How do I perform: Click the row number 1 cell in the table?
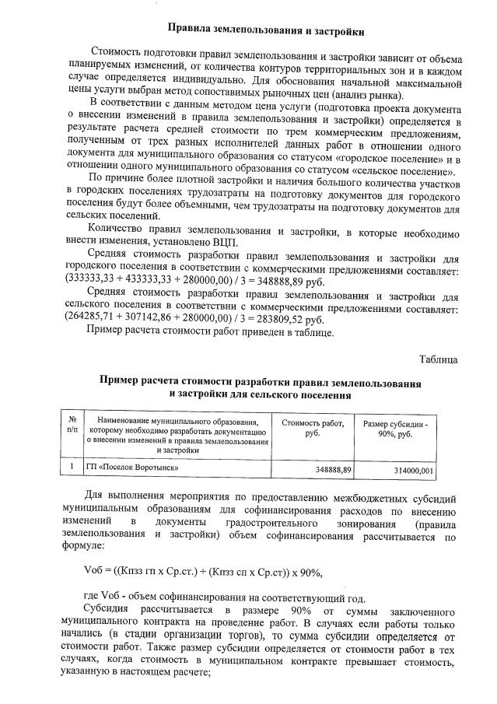(x=72, y=468)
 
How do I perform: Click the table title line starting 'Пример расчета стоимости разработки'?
(x=261, y=383)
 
